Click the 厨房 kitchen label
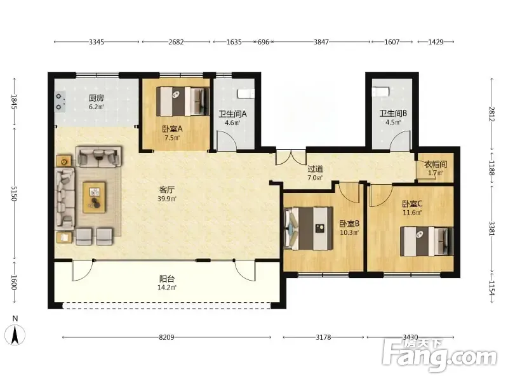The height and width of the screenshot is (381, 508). [x=97, y=98]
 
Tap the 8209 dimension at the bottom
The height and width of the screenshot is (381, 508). [x=166, y=337]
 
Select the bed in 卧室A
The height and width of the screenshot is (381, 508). [x=182, y=101]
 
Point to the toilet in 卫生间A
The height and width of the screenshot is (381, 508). [x=246, y=93]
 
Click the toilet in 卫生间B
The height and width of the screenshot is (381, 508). [x=380, y=91]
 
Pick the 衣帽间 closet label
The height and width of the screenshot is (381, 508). [x=436, y=164]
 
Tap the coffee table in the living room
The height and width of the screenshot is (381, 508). [x=94, y=197]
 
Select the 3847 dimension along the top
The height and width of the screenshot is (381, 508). [x=321, y=42]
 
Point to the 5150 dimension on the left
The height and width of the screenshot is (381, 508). [x=13, y=193]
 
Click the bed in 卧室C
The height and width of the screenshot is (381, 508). [x=426, y=242]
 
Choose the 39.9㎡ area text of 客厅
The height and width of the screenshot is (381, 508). [x=166, y=199]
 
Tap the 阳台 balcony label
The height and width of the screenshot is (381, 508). [x=167, y=279]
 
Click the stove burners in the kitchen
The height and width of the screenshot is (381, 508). [x=59, y=102]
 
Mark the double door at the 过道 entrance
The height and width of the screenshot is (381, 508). [x=291, y=157]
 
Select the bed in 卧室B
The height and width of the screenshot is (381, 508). [x=308, y=229]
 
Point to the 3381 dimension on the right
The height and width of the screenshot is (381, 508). [x=491, y=229]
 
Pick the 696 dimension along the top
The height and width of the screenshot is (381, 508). [x=264, y=42]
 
